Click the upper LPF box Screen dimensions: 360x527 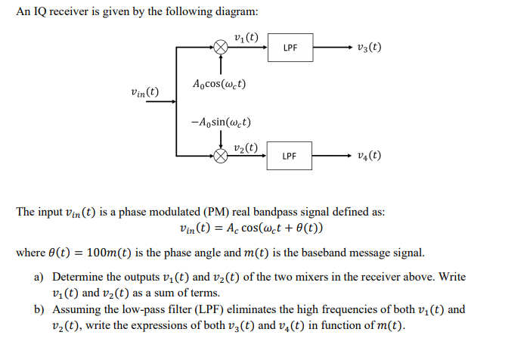290,48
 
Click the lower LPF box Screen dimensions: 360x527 290,156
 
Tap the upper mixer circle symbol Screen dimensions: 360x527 220,48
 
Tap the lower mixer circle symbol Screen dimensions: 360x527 220,156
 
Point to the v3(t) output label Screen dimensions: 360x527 368,48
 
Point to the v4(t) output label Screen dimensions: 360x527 368,157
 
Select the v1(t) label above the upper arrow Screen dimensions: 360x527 246,37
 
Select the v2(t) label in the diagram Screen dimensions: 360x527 246,146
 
